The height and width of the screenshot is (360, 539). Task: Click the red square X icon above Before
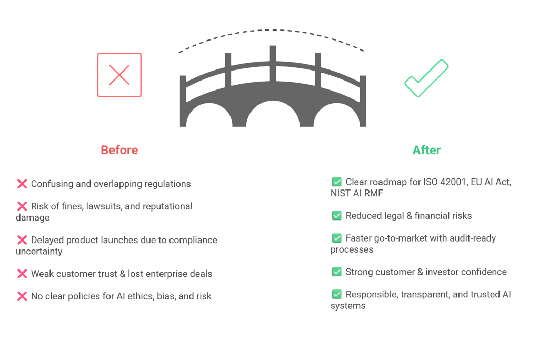click(x=119, y=75)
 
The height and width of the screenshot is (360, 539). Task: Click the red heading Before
click(x=119, y=151)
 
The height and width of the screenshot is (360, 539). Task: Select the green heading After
click(x=426, y=151)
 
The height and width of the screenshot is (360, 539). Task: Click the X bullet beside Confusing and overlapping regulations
click(x=22, y=184)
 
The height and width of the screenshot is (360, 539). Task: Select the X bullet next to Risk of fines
click(x=22, y=206)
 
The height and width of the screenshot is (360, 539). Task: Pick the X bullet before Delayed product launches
click(x=22, y=240)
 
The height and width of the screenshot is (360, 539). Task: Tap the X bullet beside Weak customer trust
click(x=22, y=274)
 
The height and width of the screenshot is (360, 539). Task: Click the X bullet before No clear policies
click(x=22, y=296)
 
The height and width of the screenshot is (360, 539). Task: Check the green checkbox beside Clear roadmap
click(x=337, y=182)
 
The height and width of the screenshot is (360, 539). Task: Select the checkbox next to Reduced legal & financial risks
click(x=337, y=215)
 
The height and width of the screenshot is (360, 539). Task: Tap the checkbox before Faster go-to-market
click(x=337, y=238)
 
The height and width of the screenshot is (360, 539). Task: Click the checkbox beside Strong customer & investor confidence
click(x=337, y=272)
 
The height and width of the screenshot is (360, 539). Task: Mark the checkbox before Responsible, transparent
click(x=337, y=294)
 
